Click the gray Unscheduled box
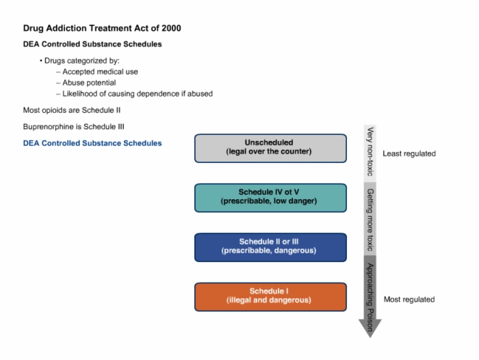(270, 149)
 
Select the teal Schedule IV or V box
(270, 198)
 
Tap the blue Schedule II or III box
(270, 247)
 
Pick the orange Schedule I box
(270, 297)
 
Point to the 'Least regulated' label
(409, 153)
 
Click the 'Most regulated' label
(409, 299)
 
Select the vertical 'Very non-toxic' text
(370, 151)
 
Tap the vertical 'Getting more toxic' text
(370, 220)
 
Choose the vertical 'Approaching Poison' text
(370, 297)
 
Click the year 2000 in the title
(171, 28)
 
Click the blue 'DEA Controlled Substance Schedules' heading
(92, 143)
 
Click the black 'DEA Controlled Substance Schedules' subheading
(92, 44)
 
